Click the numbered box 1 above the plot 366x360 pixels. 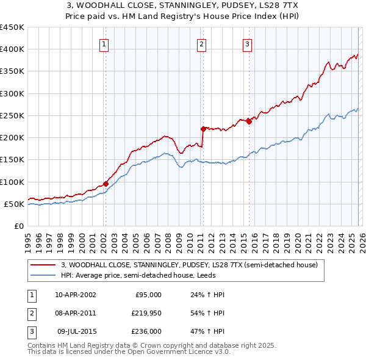(104, 44)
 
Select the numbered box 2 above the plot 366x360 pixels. (201, 44)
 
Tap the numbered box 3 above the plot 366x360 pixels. (247, 44)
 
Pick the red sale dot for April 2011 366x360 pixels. (203, 129)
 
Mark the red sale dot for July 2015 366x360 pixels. (249, 121)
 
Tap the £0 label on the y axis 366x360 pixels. (18, 226)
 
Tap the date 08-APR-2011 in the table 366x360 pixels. (75, 313)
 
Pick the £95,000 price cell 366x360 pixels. (148, 295)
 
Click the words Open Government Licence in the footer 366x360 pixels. (184, 352)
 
